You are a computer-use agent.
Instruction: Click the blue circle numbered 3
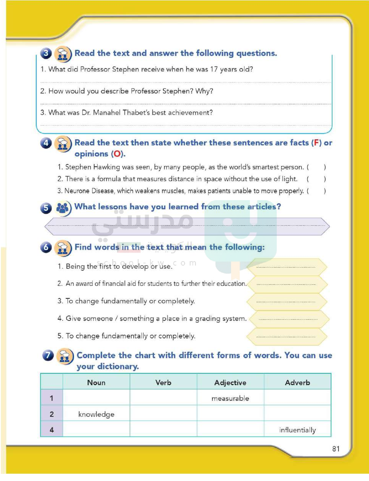pos(46,53)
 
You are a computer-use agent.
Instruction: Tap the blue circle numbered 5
pos(46,208)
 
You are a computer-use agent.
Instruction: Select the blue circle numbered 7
pos(48,355)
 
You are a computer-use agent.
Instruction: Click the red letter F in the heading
pos(316,143)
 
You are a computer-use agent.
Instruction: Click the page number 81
pos(336,449)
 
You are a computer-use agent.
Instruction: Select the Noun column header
pos(96,383)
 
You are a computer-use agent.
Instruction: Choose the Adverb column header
pos(297,383)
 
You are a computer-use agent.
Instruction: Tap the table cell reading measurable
pos(230,398)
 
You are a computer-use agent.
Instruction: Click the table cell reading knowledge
pos(96,414)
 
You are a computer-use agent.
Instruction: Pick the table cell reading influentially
pos(297,430)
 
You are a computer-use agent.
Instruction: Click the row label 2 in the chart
pos(52,414)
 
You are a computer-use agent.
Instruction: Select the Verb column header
pos(163,383)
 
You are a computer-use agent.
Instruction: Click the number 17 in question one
pos(214,69)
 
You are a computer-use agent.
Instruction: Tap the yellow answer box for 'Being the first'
pos(286,267)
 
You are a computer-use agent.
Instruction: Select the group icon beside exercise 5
pos(63,208)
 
